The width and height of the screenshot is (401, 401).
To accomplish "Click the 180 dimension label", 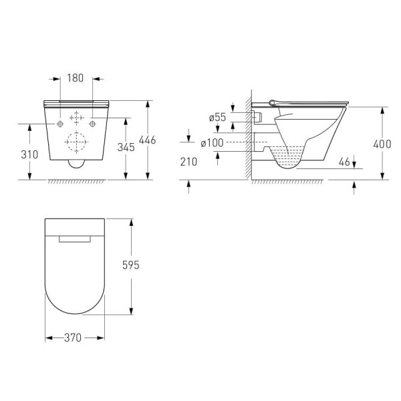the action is (x=75, y=78).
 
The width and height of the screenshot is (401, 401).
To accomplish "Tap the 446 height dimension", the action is (x=147, y=140).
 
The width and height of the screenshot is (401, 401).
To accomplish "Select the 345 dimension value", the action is (x=126, y=147).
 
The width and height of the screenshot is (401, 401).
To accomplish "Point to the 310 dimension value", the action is (x=29, y=154).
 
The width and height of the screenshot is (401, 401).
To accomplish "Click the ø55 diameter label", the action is (x=217, y=117).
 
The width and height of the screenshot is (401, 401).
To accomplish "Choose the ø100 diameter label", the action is (x=212, y=143).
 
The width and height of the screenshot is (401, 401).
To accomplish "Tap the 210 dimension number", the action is (x=188, y=162).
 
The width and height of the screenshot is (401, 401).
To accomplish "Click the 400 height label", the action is (x=382, y=144).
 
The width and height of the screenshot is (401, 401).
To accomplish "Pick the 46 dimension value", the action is (x=344, y=162).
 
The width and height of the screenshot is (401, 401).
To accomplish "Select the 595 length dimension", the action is (x=131, y=265).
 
